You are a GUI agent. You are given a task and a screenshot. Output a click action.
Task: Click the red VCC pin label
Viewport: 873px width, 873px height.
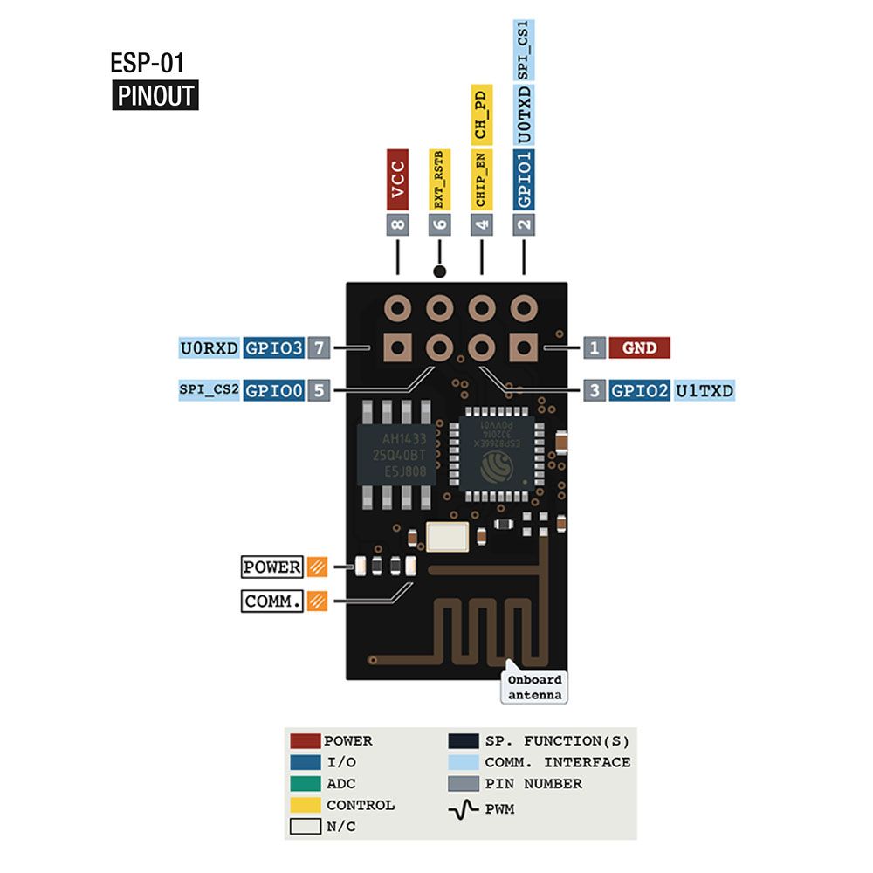pyautogui.click(x=397, y=179)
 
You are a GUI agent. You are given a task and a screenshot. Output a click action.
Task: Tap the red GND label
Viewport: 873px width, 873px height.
pyautogui.click(x=639, y=348)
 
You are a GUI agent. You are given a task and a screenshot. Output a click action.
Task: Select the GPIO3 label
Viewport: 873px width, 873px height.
pyautogui.click(x=274, y=348)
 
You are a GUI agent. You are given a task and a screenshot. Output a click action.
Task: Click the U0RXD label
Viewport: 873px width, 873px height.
pyautogui.click(x=210, y=348)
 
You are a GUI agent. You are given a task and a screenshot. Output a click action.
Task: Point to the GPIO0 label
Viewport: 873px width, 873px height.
pyautogui.click(x=274, y=391)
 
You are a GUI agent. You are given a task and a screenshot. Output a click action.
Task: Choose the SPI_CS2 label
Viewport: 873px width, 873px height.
pyautogui.click(x=209, y=391)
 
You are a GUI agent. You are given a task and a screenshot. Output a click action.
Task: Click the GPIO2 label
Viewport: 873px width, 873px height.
pyautogui.click(x=639, y=391)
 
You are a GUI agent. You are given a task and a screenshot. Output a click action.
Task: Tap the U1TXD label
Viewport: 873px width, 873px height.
pyautogui.click(x=705, y=391)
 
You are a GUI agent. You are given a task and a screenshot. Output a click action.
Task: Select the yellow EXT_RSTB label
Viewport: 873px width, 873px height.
pyautogui.click(x=439, y=178)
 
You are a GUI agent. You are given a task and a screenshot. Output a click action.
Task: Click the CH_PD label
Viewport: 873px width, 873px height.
pyautogui.click(x=481, y=113)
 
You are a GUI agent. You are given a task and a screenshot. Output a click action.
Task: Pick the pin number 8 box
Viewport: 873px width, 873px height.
pyautogui.click(x=398, y=224)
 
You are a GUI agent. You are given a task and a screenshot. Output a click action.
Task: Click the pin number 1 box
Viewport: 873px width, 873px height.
pyautogui.click(x=595, y=348)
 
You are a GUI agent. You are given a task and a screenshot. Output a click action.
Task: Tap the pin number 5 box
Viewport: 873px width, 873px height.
pyautogui.click(x=319, y=391)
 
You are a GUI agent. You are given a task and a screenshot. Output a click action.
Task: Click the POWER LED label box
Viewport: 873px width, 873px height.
pyautogui.click(x=272, y=567)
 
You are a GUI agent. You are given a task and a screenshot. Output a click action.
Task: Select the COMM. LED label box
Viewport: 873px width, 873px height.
pyautogui.click(x=272, y=601)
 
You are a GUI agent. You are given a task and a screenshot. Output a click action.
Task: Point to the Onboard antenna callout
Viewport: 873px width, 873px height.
pyautogui.click(x=533, y=687)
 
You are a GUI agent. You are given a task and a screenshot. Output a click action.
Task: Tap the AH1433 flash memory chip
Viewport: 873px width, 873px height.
pyautogui.click(x=391, y=454)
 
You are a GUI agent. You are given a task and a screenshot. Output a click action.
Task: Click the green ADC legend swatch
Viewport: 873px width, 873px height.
pyautogui.click(x=306, y=784)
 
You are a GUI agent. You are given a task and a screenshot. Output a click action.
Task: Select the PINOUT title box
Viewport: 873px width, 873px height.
pyautogui.click(x=155, y=95)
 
